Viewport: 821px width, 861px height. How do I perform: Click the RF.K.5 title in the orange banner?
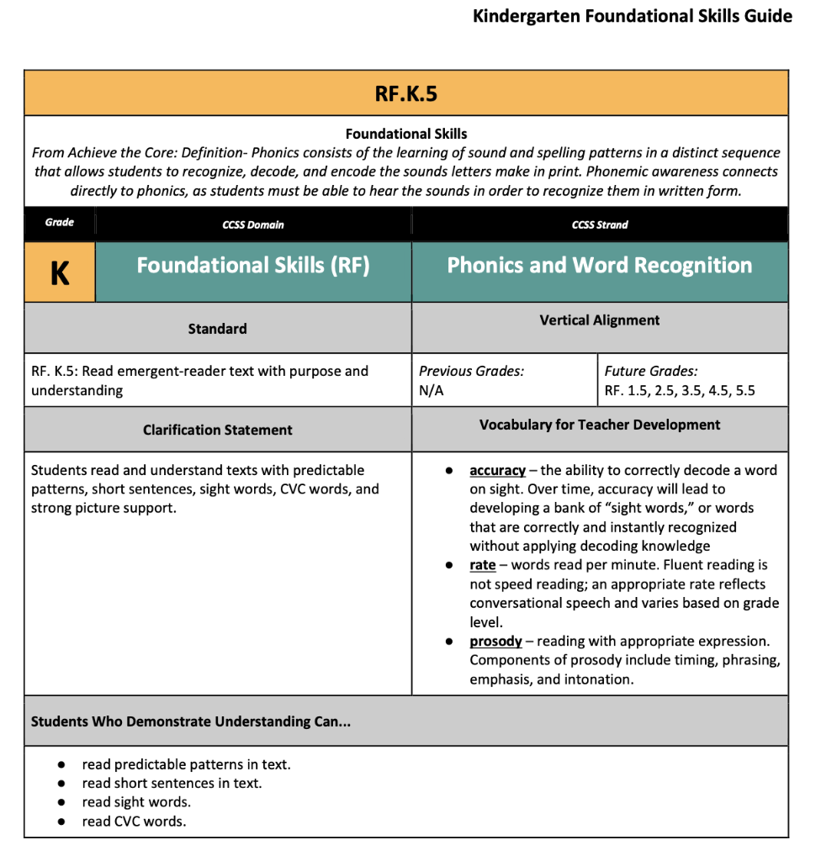[405, 93]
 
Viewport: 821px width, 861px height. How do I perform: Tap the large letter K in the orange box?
[60, 273]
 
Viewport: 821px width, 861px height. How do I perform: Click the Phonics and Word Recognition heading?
[599, 266]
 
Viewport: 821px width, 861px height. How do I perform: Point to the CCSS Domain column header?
[253, 224]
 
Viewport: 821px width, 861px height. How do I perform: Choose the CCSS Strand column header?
[599, 224]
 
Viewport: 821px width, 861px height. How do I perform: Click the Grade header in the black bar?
[60, 222]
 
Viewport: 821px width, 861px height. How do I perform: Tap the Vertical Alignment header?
[599, 320]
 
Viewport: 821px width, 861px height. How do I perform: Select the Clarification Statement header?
[217, 430]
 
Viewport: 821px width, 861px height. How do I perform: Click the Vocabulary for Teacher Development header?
[599, 425]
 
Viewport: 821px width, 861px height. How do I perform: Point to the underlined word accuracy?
[497, 470]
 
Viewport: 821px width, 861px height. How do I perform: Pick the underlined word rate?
[482, 565]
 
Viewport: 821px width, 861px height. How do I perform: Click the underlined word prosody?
[495, 642]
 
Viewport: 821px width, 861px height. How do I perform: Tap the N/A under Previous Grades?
[431, 391]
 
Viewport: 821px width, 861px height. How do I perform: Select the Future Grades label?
[650, 371]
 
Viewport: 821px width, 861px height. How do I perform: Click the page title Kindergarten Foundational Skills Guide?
[632, 16]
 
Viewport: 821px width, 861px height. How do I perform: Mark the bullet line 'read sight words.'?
[136, 802]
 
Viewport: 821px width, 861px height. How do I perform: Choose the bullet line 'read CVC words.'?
[134, 821]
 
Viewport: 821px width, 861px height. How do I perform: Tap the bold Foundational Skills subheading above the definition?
[405, 134]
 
